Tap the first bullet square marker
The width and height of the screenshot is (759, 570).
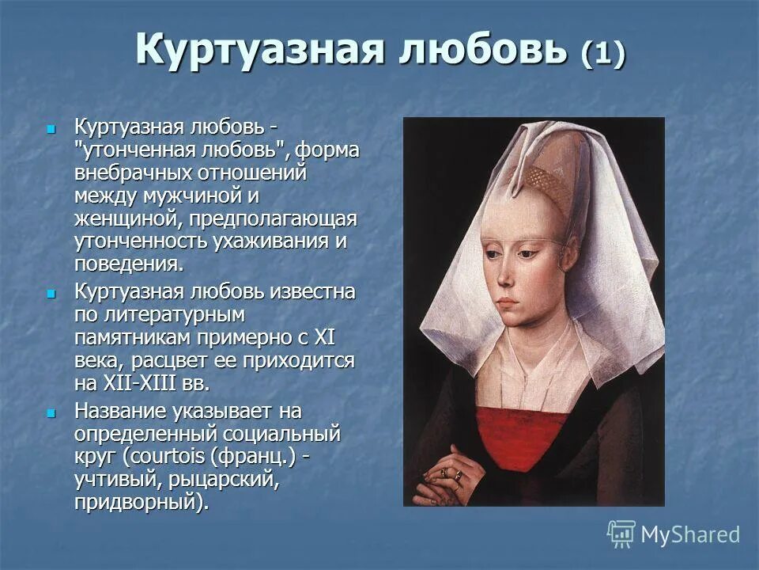tap(52, 128)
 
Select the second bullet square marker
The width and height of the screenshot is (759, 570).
tap(52, 293)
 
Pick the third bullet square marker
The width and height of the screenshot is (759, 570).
tap(52, 413)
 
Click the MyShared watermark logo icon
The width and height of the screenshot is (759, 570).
tap(621, 534)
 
